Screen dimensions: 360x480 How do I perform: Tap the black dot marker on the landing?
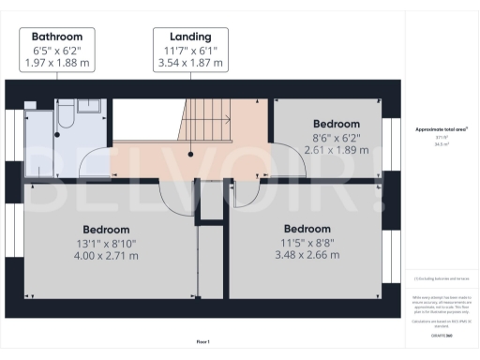(190, 154)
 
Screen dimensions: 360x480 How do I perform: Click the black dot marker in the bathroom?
(56, 134)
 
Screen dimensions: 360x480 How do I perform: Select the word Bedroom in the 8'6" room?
(336, 124)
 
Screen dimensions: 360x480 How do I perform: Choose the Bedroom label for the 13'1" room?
(106, 230)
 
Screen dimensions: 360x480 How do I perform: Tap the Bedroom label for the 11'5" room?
(307, 229)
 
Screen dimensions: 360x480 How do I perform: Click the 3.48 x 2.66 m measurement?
(307, 256)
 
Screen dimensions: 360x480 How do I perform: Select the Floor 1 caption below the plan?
(202, 342)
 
